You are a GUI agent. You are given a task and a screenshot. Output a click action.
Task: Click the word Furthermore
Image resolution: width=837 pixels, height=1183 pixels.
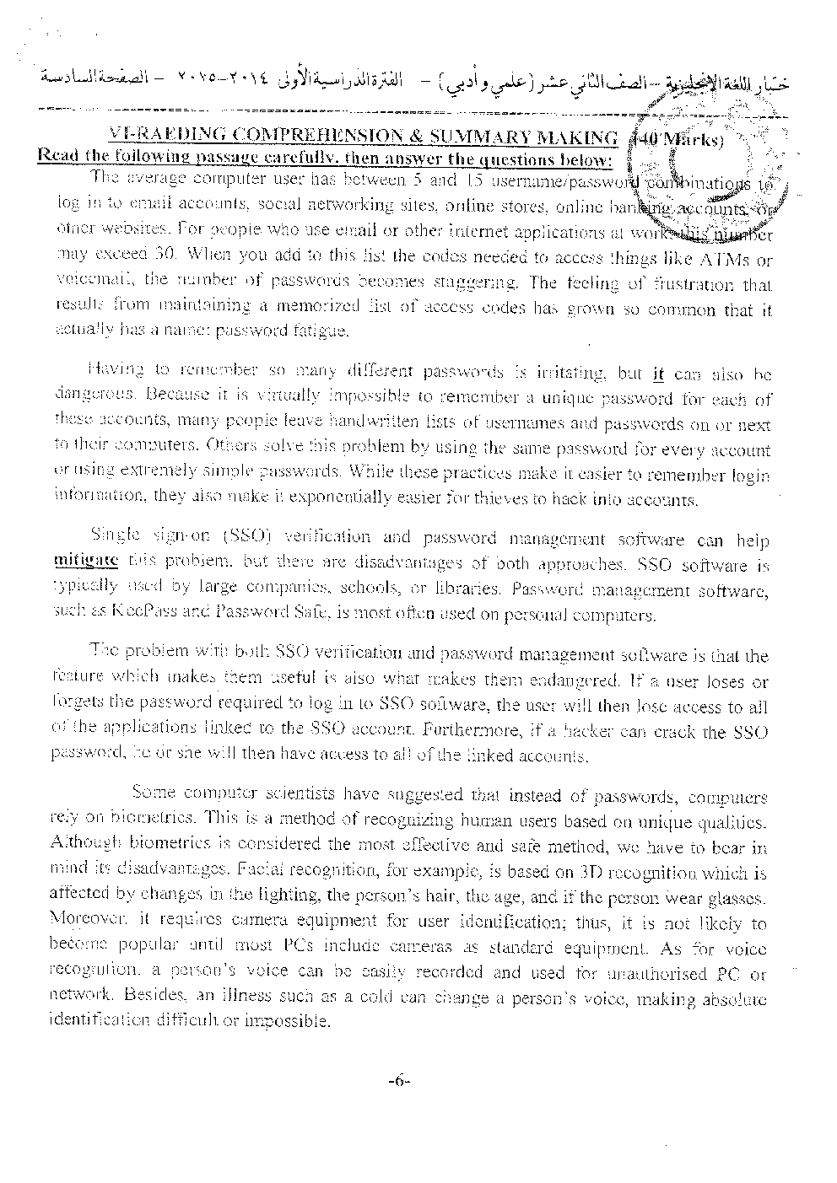click(x=468, y=732)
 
